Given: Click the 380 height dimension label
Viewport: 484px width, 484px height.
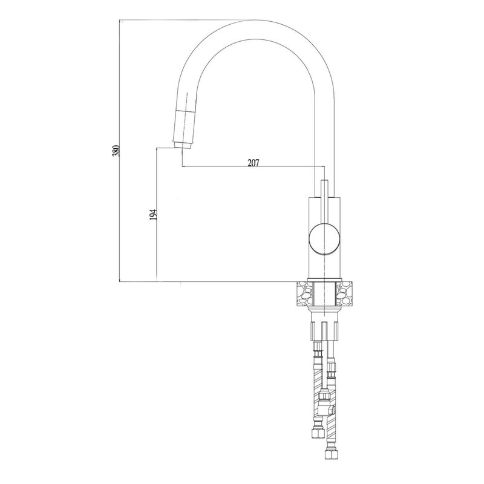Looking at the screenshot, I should (x=116, y=151).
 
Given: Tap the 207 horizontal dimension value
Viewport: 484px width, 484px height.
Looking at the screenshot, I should (x=253, y=162).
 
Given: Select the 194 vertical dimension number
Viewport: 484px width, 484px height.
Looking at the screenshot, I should (x=153, y=214).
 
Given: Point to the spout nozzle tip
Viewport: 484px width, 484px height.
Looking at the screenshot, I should (x=183, y=143).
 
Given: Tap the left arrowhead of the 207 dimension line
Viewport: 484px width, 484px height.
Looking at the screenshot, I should (x=184, y=167).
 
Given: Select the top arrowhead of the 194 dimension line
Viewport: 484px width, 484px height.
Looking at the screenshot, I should (x=157, y=149).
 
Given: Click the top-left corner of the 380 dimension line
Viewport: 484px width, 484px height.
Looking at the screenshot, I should (x=120, y=21).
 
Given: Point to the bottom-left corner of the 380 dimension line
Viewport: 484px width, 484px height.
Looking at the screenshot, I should (x=120, y=281).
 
